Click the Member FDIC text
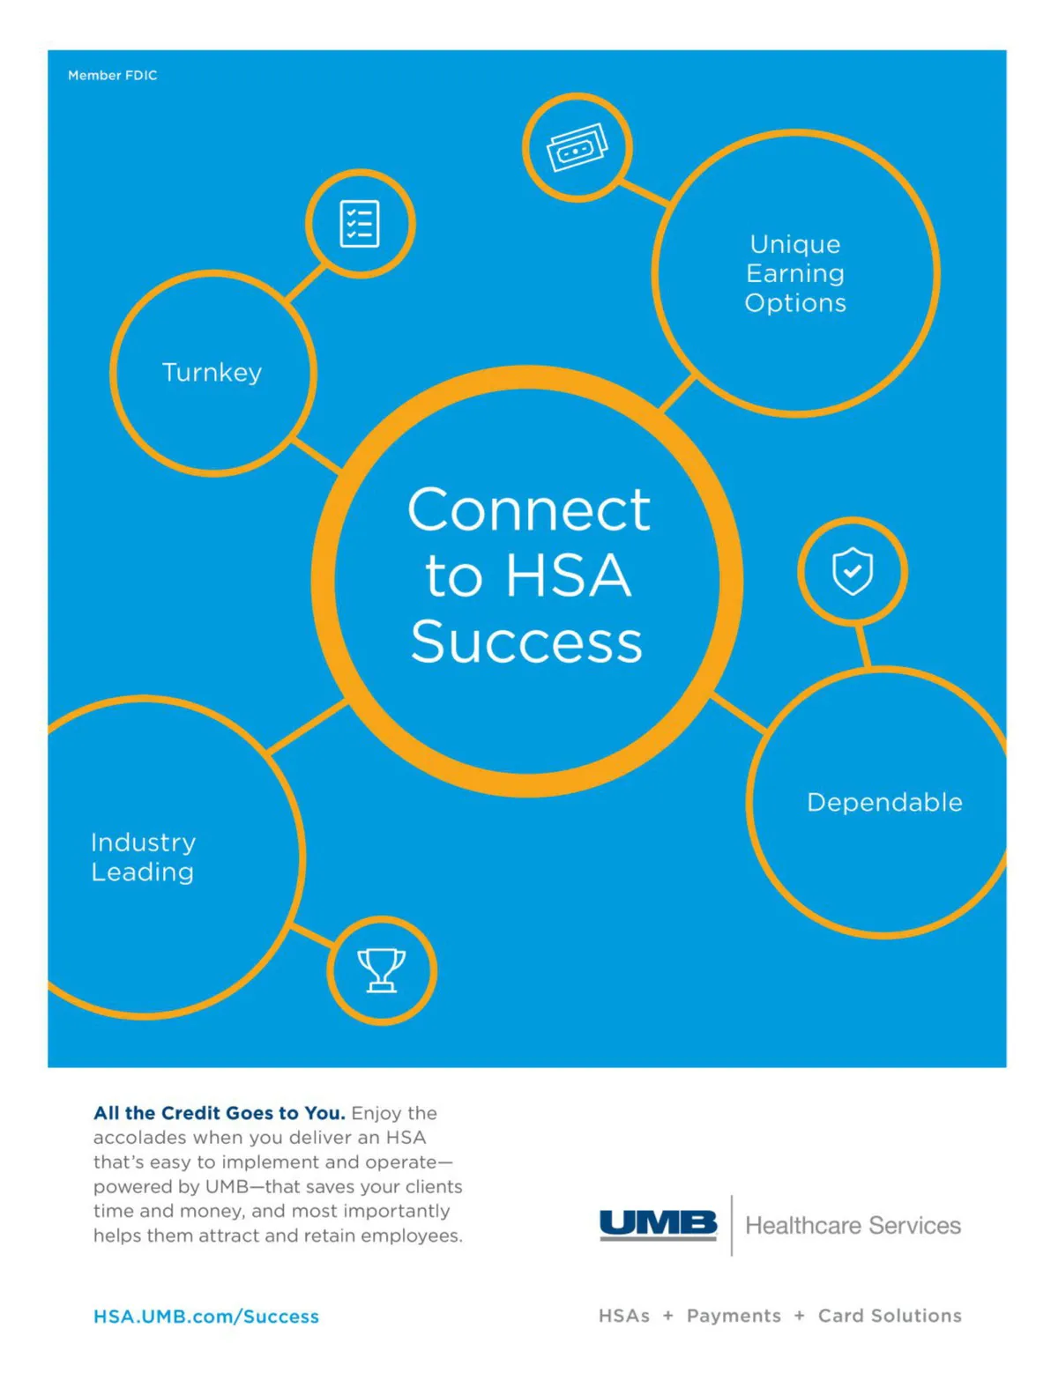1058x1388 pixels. tap(112, 76)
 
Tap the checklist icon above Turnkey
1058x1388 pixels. tap(360, 224)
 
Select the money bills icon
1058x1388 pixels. tap(577, 147)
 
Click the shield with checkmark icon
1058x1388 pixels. tap(853, 571)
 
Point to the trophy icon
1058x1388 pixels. tap(382, 970)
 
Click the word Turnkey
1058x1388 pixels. tap(212, 373)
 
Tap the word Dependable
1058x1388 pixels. tap(884, 802)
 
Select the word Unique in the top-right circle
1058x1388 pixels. tap(795, 244)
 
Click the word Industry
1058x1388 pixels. tap(144, 842)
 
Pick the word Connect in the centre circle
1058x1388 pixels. tap(529, 510)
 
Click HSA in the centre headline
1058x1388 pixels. tap(569, 576)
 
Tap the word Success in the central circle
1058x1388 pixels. tap(527, 642)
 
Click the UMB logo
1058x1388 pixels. tap(658, 1224)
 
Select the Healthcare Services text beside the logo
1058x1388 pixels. tap(853, 1225)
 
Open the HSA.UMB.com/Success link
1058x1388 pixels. tap(206, 1316)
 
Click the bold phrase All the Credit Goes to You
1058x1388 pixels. tap(220, 1113)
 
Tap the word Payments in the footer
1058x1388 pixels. tap(734, 1316)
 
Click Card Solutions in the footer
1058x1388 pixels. tap(890, 1316)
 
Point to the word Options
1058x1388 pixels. tap(795, 303)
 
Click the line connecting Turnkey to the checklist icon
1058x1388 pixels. tap(306, 284)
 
